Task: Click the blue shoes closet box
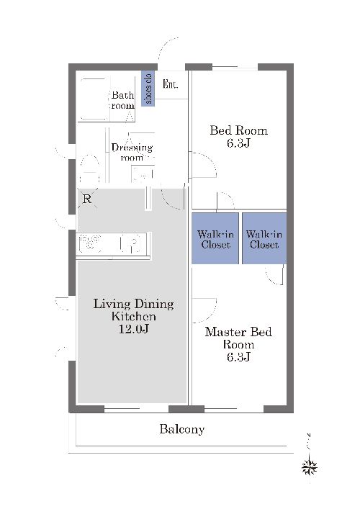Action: pos(148,89)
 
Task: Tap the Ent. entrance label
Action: pos(170,84)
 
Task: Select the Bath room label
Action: pos(122,100)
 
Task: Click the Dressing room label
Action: pos(132,153)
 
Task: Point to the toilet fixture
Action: pos(89,169)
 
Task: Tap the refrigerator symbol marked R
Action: pos(87,198)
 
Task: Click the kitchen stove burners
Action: pos(91,243)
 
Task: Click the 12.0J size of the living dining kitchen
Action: pos(133,329)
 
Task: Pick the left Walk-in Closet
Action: pos(215,238)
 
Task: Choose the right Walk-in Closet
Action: pos(264,238)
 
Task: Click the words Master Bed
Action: pos(238,332)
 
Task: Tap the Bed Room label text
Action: pos(238,130)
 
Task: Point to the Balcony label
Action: pos(181,429)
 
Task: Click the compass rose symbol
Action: pos(310,467)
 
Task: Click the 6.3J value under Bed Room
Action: pos(238,143)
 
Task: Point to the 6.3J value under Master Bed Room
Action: pos(238,357)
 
